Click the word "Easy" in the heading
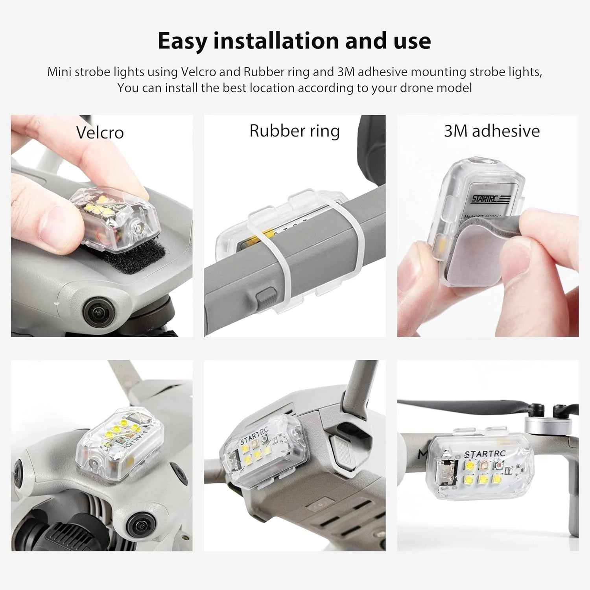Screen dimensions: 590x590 pos(182,41)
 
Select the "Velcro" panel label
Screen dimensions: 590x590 pos(100,133)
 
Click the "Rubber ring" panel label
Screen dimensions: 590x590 pos(294,131)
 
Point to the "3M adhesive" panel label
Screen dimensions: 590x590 pos(492,131)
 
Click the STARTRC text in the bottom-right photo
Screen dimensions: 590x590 pos(485,454)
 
